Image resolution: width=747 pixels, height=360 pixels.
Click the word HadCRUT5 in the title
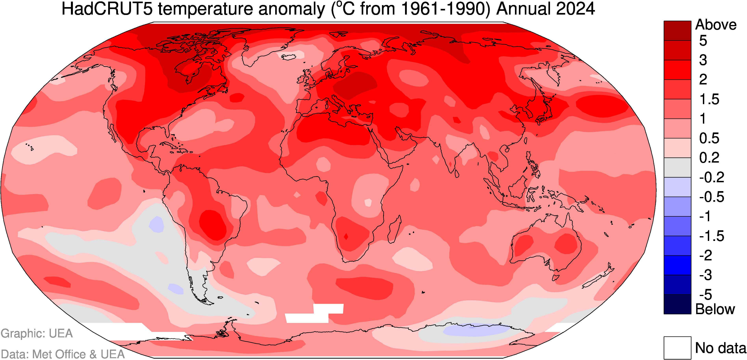pos(107,9)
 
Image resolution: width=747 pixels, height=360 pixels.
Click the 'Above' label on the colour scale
pos(716,25)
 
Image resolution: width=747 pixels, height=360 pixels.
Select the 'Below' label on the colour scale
pos(715,309)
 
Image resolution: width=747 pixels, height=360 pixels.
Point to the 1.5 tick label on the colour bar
pos(709,99)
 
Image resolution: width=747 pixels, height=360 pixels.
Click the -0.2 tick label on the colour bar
pos(711,177)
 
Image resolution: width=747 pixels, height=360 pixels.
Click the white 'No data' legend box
pos(677,348)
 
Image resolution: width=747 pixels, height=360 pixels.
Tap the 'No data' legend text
pos(721,348)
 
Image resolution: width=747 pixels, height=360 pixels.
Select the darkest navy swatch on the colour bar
pos(677,304)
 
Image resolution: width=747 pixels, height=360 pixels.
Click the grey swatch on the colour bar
pos(677,167)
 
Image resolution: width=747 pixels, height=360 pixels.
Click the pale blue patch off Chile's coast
pos(157,224)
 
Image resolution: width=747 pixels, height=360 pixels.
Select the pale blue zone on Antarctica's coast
pos(476,330)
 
